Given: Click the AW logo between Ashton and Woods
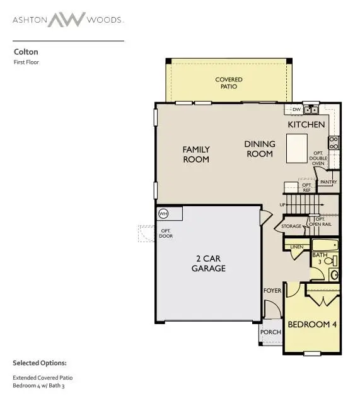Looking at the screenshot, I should [x=68, y=19].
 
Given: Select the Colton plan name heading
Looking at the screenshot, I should [x=23, y=53].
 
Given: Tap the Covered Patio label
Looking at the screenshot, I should [x=229, y=83].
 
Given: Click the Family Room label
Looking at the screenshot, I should [x=196, y=155].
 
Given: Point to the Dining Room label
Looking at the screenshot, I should [x=259, y=149].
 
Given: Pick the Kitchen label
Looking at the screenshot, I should [x=306, y=124].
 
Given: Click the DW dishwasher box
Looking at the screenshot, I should [x=296, y=109].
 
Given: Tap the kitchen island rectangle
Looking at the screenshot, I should [x=296, y=148].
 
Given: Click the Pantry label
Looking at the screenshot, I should [x=328, y=182].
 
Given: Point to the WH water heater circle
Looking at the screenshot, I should [x=163, y=213].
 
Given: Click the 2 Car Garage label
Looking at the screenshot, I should [x=209, y=263].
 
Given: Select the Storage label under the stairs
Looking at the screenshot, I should [x=291, y=226].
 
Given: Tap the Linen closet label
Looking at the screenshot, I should [x=296, y=247].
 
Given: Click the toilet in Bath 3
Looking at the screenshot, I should [x=334, y=274].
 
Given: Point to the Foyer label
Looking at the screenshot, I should [x=272, y=291].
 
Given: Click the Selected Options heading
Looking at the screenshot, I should [x=39, y=363].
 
